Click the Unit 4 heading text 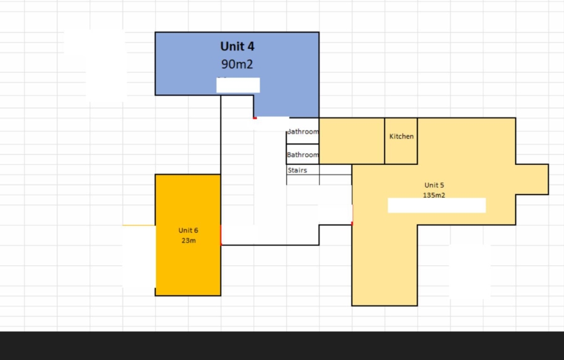tap(237, 46)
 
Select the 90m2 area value tap(237, 64)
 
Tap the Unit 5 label tap(434, 185)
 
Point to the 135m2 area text tap(434, 195)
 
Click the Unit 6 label tap(189, 231)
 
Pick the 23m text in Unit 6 tap(189, 241)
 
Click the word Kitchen tap(401, 136)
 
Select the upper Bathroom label tap(303, 132)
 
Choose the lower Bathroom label tap(303, 154)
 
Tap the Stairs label tap(297, 170)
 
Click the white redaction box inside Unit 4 tap(238, 85)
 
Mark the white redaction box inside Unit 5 tap(436, 205)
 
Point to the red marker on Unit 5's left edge tap(352, 223)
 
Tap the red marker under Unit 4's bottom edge tap(254, 117)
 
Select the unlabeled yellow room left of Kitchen tap(352, 140)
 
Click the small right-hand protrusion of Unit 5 tap(532, 179)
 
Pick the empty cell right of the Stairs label tap(335, 170)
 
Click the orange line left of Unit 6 tap(138, 225)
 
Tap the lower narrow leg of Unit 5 tap(384, 270)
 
